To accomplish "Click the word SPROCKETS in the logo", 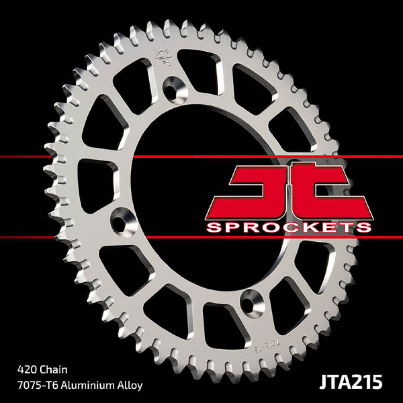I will click(x=289, y=227).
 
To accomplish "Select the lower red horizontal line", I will click(x=84, y=237).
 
